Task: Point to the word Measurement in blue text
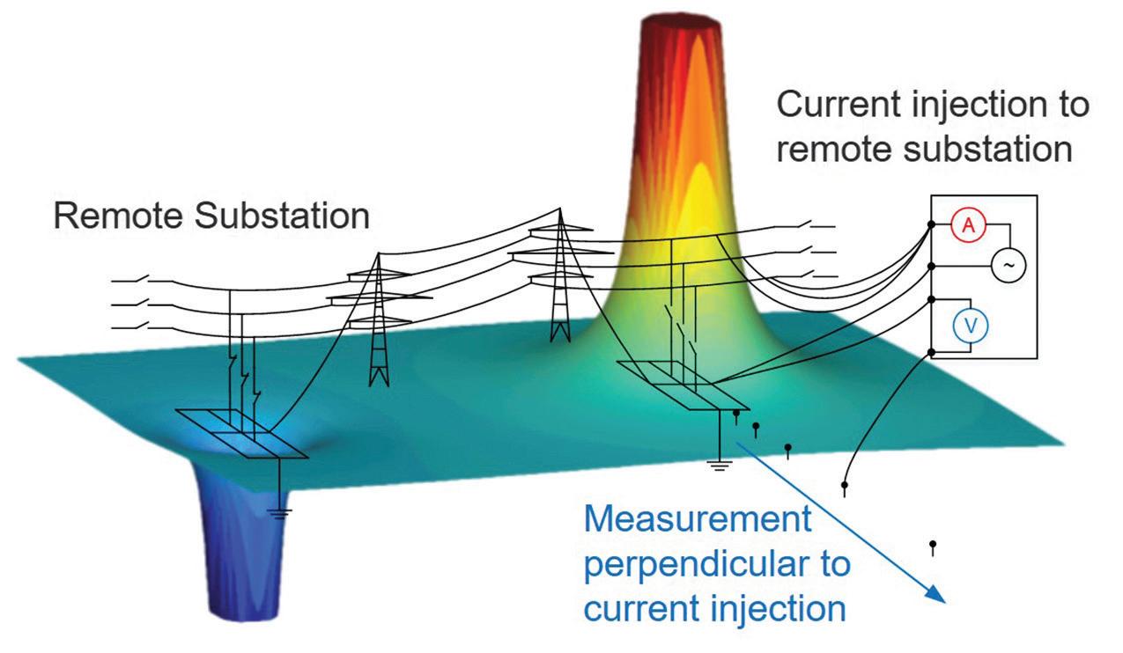tap(698, 520)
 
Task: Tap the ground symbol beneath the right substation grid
tap(720, 465)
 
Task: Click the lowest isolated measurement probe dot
tap(933, 545)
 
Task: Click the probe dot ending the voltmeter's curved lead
tap(845, 485)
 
